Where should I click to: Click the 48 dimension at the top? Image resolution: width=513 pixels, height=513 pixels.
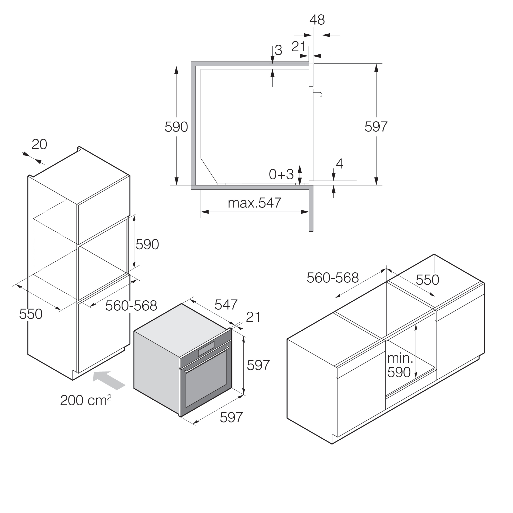(x=317, y=20)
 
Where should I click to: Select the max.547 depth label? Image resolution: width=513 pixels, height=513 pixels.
(x=254, y=203)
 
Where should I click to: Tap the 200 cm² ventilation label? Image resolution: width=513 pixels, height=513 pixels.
(x=86, y=400)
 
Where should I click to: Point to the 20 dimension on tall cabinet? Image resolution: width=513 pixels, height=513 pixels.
(x=39, y=144)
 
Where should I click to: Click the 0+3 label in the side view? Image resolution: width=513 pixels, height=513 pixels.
(x=281, y=174)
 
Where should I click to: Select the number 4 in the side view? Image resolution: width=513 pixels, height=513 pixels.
(x=339, y=164)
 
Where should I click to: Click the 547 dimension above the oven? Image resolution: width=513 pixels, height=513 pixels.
(x=226, y=304)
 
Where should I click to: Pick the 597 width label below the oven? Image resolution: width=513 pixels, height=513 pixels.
(x=231, y=417)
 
